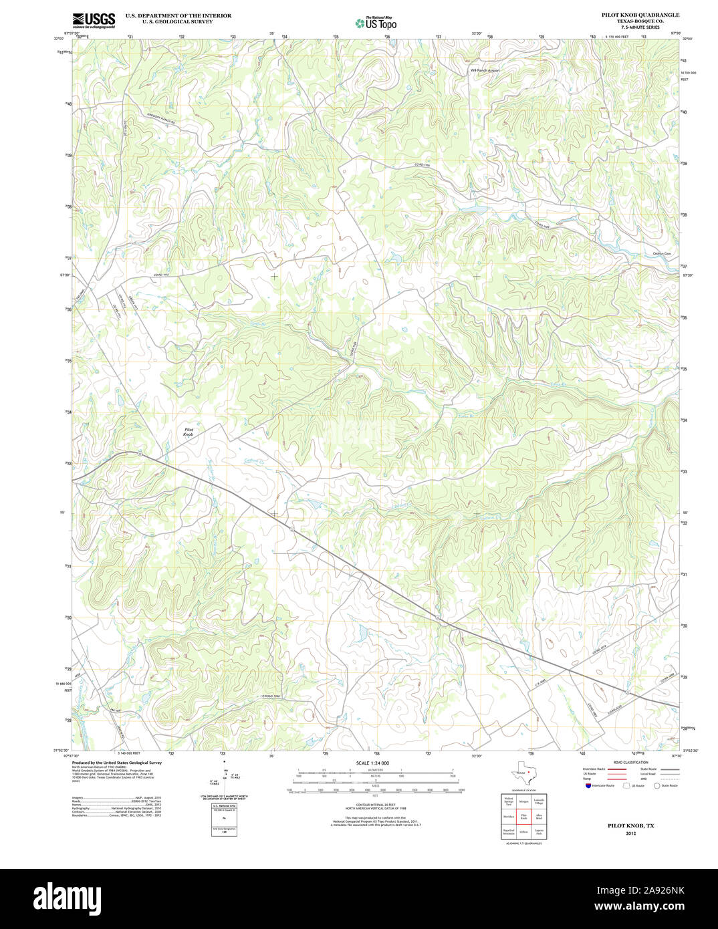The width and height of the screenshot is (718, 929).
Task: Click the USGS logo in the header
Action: click(x=94, y=19)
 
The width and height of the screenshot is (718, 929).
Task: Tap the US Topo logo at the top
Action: click(x=375, y=22)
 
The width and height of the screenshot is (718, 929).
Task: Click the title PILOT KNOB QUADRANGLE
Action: click(x=640, y=15)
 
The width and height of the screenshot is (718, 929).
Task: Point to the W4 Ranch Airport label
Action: click(x=485, y=70)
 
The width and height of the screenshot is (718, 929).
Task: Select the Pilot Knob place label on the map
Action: click(x=189, y=432)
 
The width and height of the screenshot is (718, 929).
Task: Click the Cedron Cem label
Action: click(x=661, y=253)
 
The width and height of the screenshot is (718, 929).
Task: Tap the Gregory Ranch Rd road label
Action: click(x=160, y=118)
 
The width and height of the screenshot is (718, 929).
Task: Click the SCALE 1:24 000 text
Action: click(x=372, y=763)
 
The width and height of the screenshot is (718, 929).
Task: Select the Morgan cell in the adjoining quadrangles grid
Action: click(x=523, y=800)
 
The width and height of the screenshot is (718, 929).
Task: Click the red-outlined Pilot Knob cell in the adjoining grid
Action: click(x=523, y=817)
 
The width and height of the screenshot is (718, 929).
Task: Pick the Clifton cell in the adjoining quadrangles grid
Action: click(x=523, y=833)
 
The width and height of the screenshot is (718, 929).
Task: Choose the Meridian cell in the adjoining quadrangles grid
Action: click(x=509, y=817)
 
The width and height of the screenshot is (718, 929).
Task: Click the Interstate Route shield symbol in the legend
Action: click(x=588, y=786)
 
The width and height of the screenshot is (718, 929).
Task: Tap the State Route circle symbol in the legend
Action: click(x=656, y=786)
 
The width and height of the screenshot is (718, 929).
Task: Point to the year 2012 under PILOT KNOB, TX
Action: click(x=631, y=833)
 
